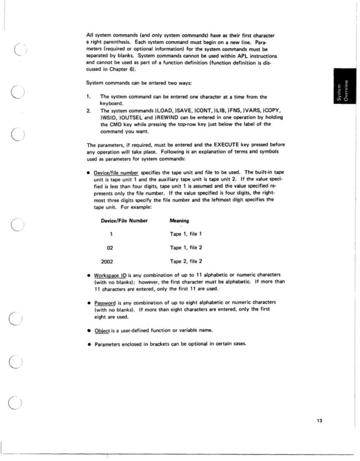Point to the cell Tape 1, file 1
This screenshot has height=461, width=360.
click(186, 234)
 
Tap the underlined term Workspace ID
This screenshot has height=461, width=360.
click(107, 275)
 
